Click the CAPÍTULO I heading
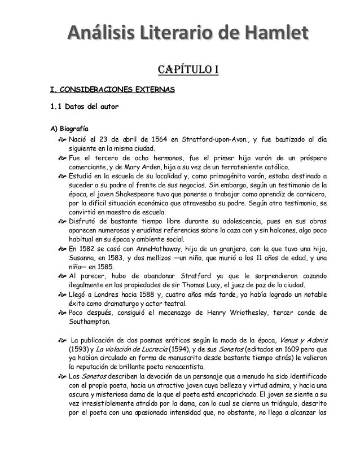pyautogui.click(x=181, y=70)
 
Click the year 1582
pyautogui.click(x=91, y=249)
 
